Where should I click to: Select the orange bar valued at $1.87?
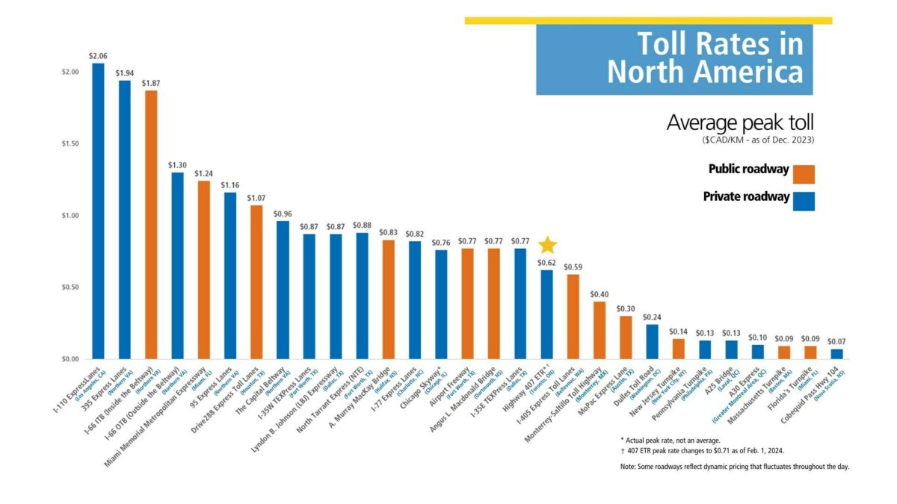pyautogui.click(x=151, y=225)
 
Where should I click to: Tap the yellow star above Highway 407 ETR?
pyautogui.click(x=547, y=245)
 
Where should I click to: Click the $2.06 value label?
pyautogui.click(x=98, y=56)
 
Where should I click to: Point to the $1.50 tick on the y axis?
pyautogui.click(x=73, y=143)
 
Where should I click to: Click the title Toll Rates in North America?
pyautogui.click(x=705, y=58)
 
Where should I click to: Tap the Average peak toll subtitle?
pyautogui.click(x=739, y=122)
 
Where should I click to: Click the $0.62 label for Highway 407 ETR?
pyautogui.click(x=547, y=263)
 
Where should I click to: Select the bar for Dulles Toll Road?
pyautogui.click(x=653, y=341)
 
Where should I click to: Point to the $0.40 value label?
pyautogui.click(x=599, y=294)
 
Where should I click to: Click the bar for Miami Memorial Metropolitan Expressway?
pyautogui.click(x=203, y=270)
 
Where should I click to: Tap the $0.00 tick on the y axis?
pyautogui.click(x=73, y=359)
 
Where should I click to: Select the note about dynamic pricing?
pyautogui.click(x=735, y=467)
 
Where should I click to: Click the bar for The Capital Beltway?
pyautogui.click(x=283, y=290)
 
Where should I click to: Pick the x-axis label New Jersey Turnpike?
pyautogui.click(x=658, y=391)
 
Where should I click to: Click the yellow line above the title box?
pyautogui.click(x=647, y=20)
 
